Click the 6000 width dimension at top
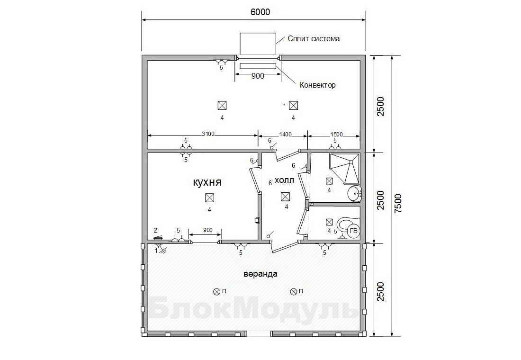tap(260, 12)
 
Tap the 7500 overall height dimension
tap(398, 203)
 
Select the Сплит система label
tap(314, 38)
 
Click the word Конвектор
tap(318, 85)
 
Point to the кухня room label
tap(207, 182)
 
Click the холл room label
tap(285, 180)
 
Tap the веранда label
tap(260, 274)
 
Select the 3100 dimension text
tap(208, 134)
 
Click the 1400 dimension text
tap(286, 135)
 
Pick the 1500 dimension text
tap(336, 135)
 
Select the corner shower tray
tap(344, 169)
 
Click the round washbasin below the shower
tap(355, 193)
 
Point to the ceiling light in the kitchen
tap(209, 198)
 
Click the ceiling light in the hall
tap(285, 197)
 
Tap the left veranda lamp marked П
tap(216, 291)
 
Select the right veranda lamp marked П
tap(293, 291)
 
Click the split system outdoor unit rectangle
tap(258, 44)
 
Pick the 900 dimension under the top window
tap(258, 76)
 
